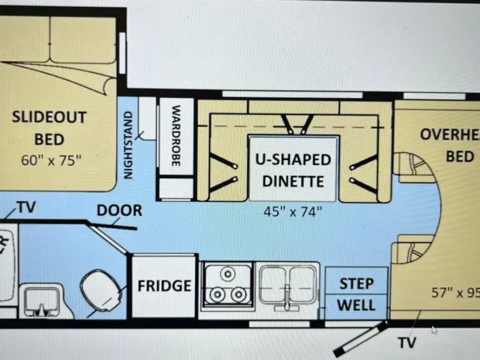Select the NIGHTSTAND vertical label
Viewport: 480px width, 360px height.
pyautogui.click(x=129, y=145)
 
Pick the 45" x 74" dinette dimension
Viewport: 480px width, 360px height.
pyautogui.click(x=294, y=211)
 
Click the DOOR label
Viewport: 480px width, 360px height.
pyautogui.click(x=119, y=211)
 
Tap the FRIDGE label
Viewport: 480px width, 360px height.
pyautogui.click(x=164, y=286)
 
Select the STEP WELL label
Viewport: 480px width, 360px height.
pyautogui.click(x=357, y=294)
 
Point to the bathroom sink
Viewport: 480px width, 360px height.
pyautogui.click(x=41, y=299)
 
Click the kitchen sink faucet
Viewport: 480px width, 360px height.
pyautogui.click(x=285, y=294)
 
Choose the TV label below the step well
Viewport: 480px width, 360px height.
pyautogui.click(x=406, y=342)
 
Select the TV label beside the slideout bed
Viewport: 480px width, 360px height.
pyautogui.click(x=26, y=207)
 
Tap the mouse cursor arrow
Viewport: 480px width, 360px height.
pyautogui.click(x=434, y=329)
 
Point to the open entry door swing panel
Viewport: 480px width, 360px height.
pyautogui.click(x=360, y=339)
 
